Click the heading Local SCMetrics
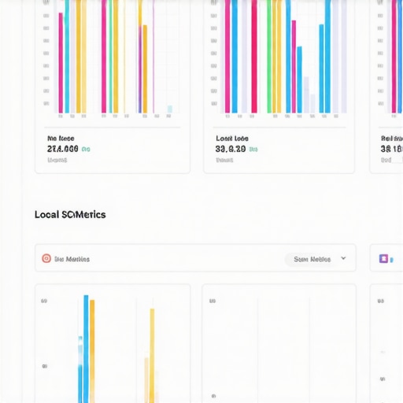point(70,214)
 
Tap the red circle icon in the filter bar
point(46,258)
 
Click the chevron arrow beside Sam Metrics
point(343,258)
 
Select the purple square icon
point(384,258)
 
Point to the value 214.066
point(62,148)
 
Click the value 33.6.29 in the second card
point(231,148)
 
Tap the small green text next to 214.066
point(87,149)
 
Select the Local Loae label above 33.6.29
point(231,138)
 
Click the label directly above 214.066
point(61,138)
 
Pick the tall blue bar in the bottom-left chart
point(86,346)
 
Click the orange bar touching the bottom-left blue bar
point(92,350)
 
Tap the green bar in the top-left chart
point(109,55)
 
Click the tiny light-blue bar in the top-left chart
point(169,109)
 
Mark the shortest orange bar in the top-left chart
point(144,68)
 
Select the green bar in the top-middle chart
point(269,55)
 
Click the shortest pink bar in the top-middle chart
point(293,67)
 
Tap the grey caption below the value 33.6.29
point(224,159)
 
